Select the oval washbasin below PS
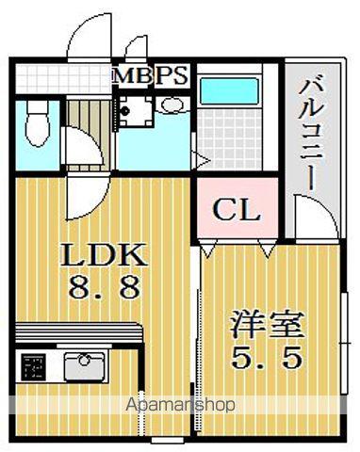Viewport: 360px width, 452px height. click(171, 105)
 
